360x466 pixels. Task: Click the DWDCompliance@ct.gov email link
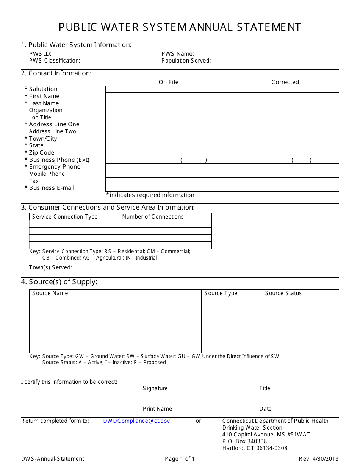coord(136,421)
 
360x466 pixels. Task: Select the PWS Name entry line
coord(268,54)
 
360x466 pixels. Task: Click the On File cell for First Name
coord(169,96)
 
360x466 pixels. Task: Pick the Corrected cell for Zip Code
coord(285,153)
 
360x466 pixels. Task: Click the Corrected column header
coord(285,82)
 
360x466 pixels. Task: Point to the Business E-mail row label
coord(52,188)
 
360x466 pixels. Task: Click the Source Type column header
coord(221,293)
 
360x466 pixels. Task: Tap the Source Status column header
coord(283,293)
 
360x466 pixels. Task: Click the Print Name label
coord(157,409)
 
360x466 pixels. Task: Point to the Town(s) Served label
coord(50,267)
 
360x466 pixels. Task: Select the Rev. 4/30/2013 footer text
coord(319,459)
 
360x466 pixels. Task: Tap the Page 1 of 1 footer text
coord(180,459)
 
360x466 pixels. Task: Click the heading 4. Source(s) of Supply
coord(59,282)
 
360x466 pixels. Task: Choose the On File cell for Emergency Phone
coord(169,167)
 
